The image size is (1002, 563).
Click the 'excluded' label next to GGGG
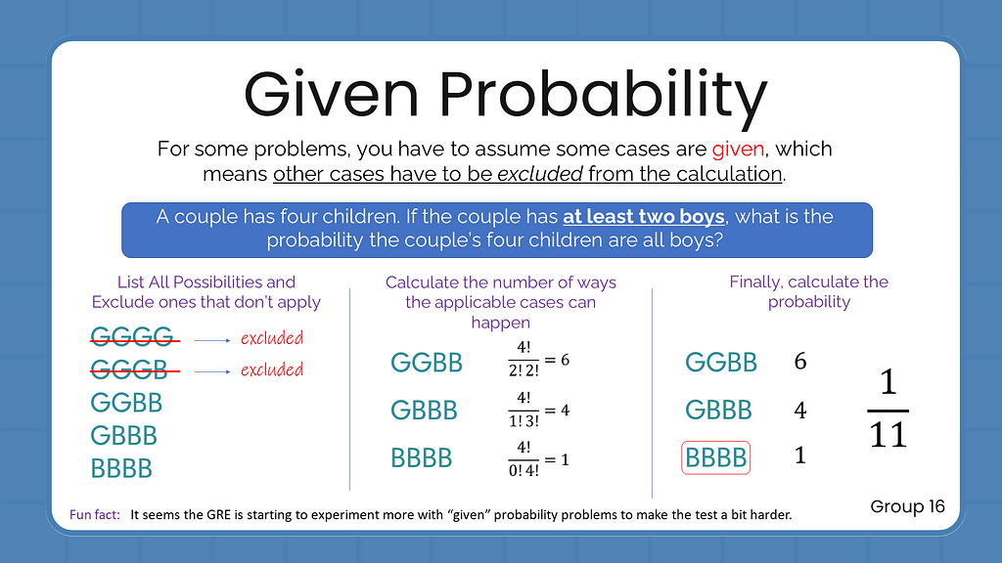coord(272,338)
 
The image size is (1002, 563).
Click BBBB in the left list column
coord(121,468)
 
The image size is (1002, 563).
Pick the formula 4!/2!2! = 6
coord(534,360)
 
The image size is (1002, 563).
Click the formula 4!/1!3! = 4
coord(534,410)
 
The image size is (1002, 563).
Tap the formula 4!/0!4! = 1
coord(534,458)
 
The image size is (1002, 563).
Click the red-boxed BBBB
coord(716,457)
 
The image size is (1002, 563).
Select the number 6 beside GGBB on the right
coord(800,362)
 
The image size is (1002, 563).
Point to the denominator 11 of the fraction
coord(888,434)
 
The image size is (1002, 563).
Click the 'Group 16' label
coord(907,506)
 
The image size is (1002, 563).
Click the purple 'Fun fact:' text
coord(95,514)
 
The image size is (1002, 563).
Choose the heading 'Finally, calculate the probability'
coord(808,291)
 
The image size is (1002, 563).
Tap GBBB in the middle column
coord(424,410)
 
